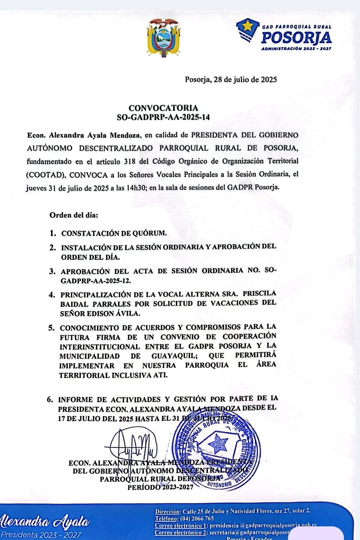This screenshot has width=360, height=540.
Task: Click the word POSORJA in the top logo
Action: point(296,38)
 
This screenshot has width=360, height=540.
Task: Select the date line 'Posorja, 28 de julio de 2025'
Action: point(231,80)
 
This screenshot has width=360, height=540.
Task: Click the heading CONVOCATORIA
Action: point(163,108)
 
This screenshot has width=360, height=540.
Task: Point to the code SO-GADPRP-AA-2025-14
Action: point(163,117)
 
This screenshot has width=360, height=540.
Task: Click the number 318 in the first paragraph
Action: point(130,162)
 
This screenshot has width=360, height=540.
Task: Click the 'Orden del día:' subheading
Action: point(74,215)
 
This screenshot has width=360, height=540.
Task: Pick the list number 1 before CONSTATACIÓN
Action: point(53,233)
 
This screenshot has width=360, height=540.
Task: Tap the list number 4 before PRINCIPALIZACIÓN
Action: point(52,295)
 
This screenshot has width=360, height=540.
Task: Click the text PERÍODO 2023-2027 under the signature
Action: point(160,487)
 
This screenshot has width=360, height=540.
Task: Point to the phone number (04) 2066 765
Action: point(197,519)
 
